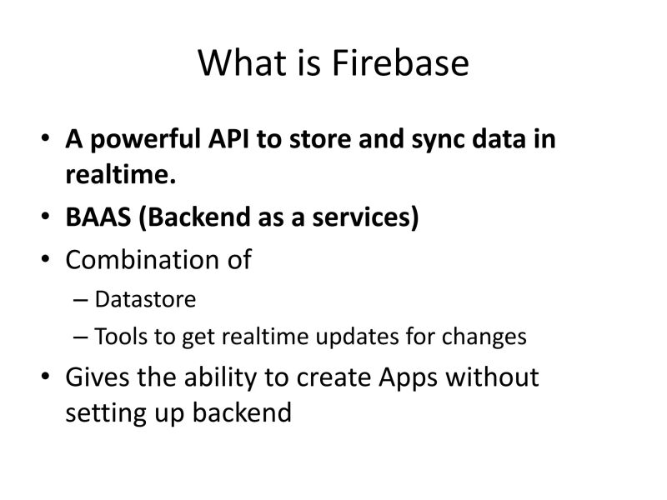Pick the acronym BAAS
98,217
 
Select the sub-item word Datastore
145,299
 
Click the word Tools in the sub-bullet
119,337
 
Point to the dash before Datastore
80,300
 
